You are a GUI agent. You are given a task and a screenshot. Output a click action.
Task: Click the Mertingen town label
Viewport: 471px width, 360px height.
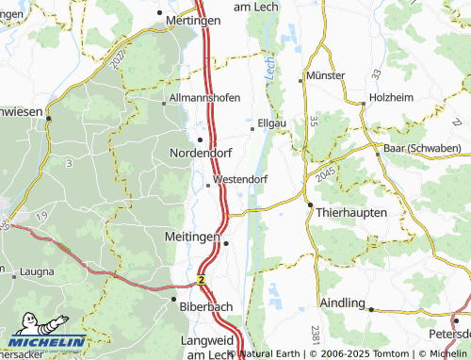tap(192, 20)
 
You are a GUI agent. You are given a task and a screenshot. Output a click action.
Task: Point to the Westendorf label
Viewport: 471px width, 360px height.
tap(241, 177)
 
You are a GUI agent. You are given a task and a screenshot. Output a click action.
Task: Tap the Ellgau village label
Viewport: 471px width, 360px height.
tap(272, 122)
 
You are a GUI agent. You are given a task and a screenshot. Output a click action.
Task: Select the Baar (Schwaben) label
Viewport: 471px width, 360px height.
tap(421, 149)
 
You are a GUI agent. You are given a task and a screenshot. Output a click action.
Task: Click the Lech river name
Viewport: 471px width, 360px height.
tap(271, 68)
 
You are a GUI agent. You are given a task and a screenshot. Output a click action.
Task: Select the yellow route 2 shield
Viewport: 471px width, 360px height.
tap(202, 280)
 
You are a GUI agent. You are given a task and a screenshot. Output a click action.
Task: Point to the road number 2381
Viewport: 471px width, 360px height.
tap(315, 335)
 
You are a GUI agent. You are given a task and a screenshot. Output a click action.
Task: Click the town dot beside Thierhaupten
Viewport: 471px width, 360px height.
tap(309, 205)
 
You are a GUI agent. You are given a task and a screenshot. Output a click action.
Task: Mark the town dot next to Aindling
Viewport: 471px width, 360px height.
tap(370, 309)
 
